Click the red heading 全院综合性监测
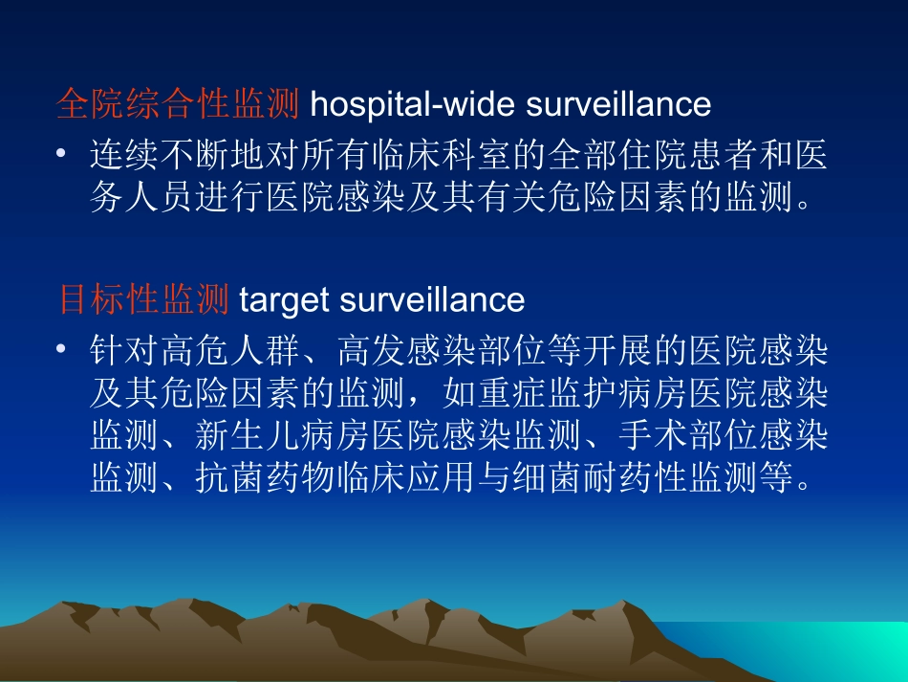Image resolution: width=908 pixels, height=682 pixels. pos(179,104)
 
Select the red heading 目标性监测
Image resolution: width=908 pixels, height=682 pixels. pos(144,300)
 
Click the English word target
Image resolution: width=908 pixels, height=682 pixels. pos(283,301)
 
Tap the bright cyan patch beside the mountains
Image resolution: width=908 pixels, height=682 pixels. pos(841,650)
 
